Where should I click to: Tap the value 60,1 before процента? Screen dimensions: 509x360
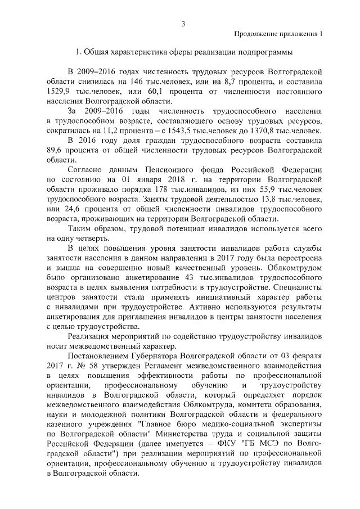[156, 91]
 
